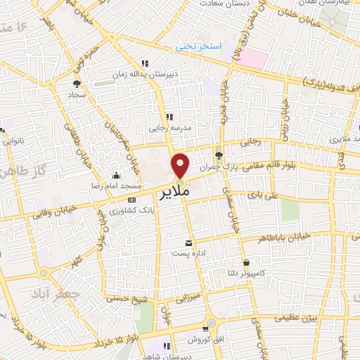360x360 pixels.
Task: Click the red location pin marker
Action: (x=181, y=165)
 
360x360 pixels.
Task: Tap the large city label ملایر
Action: (x=172, y=191)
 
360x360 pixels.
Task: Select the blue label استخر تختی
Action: (x=199, y=46)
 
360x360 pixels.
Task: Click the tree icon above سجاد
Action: (x=75, y=83)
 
